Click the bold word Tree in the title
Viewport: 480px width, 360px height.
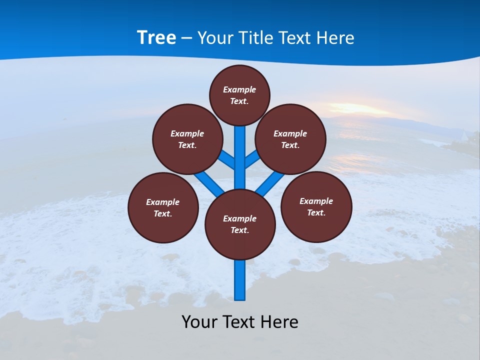click(x=156, y=38)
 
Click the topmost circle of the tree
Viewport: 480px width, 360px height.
click(x=239, y=95)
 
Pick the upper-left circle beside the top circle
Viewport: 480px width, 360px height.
click(x=187, y=139)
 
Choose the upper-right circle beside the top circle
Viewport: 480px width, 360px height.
click(x=290, y=139)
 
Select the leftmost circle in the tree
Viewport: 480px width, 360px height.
click(x=163, y=207)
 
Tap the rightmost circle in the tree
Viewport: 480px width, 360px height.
click(x=316, y=206)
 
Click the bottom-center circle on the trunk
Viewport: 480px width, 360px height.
click(x=240, y=224)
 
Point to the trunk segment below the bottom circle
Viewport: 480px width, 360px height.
click(x=240, y=280)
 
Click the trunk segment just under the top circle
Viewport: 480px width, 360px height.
click(x=240, y=150)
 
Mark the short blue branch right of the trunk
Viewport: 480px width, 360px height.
click(x=252, y=159)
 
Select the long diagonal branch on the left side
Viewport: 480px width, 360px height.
click(x=209, y=182)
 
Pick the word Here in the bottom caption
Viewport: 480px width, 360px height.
click(x=280, y=321)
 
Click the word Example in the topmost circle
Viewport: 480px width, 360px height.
click(x=239, y=89)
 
